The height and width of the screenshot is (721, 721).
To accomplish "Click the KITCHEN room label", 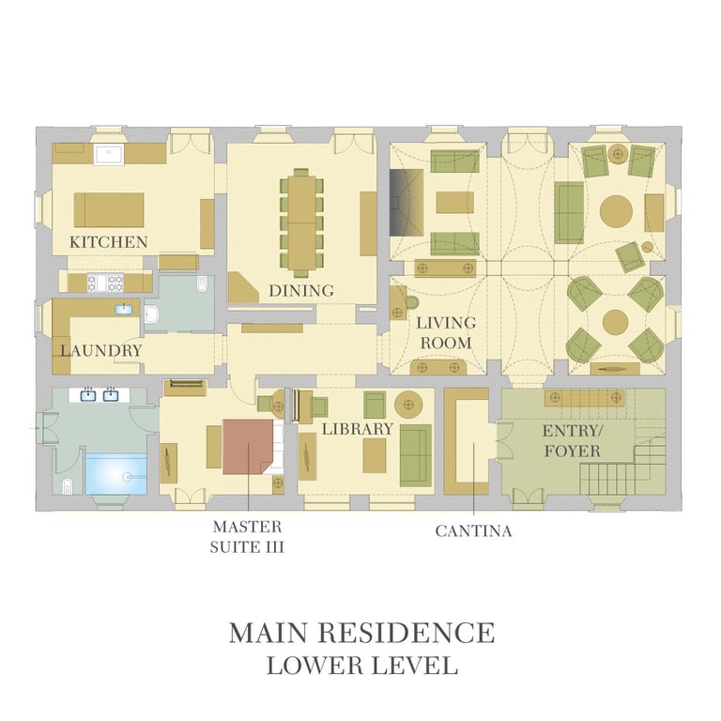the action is point(109,242).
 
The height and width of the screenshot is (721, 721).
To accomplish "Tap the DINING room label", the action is point(301,291).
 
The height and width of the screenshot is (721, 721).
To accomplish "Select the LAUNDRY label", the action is point(101,351).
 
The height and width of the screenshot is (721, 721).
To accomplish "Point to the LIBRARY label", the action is point(358,429).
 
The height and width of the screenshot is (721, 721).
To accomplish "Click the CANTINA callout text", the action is point(473,531).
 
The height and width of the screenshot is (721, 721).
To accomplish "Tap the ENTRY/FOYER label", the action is point(573,441).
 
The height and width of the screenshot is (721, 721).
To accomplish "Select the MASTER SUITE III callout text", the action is point(247,537).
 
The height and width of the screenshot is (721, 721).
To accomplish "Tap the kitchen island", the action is point(109,209).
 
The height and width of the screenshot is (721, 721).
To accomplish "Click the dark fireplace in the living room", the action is point(407,203).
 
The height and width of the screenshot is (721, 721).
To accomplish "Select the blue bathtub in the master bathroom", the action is point(116,474).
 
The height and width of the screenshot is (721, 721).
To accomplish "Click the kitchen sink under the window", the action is point(109,154).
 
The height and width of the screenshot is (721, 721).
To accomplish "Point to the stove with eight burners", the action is point(105,283).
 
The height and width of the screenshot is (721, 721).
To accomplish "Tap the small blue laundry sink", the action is point(124,309).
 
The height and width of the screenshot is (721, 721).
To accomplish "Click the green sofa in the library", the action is point(416,455).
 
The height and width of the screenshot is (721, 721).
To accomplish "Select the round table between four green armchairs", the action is point(615,322).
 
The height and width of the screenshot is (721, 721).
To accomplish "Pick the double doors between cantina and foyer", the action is point(505,440).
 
